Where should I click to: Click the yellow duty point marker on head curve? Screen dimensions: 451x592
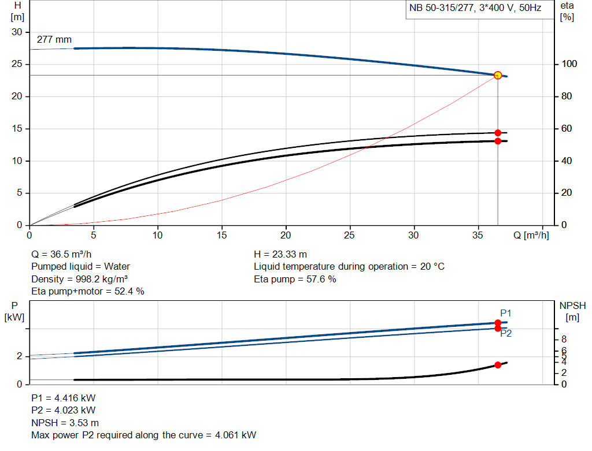coord(498,75)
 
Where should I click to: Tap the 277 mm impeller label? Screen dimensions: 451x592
coord(54,40)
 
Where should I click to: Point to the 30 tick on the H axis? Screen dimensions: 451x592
coord(17,32)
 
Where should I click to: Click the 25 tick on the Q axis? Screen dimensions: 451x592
coord(349,235)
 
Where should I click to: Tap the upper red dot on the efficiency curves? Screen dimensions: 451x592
coord(498,133)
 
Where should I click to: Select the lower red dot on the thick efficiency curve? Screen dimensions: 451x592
coord(498,141)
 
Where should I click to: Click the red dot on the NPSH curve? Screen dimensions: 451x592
coord(498,365)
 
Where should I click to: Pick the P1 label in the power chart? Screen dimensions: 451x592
coord(506,313)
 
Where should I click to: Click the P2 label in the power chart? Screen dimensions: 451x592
coord(506,333)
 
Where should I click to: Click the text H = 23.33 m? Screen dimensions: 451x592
coord(280,254)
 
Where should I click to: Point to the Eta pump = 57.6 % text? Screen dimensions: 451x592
coord(295,279)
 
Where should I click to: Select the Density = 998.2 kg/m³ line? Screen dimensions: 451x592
coord(79,279)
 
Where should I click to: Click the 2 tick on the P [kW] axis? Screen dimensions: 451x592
coord(18,356)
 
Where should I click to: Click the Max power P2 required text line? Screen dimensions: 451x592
coord(143,435)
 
